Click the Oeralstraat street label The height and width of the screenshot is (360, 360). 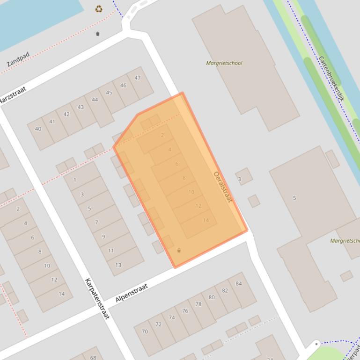coord(223,187)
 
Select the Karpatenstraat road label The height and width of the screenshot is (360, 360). coord(97,298)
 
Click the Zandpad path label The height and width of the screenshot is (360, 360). coord(18,59)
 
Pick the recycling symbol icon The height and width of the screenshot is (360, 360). coord(99,9)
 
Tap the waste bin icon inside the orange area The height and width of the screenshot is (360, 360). coord(179,251)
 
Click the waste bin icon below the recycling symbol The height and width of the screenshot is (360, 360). coord(97,34)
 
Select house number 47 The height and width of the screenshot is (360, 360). coord(137,78)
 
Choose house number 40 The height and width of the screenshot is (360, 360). coord(38,129)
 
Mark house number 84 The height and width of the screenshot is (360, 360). coord(239,284)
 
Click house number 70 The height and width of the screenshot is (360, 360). coord(145,331)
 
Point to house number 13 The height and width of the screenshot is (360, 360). coord(118,265)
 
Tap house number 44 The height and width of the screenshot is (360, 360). coord(95,100)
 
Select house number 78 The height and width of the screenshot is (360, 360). coord(198,304)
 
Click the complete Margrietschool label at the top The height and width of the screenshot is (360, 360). coord(224,63)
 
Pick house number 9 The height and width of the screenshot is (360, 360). coord(104,237)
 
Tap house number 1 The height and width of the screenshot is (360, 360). coord(75,180)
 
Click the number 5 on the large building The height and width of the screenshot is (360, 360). coord(294,198)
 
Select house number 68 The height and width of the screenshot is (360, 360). coord(93,358)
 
